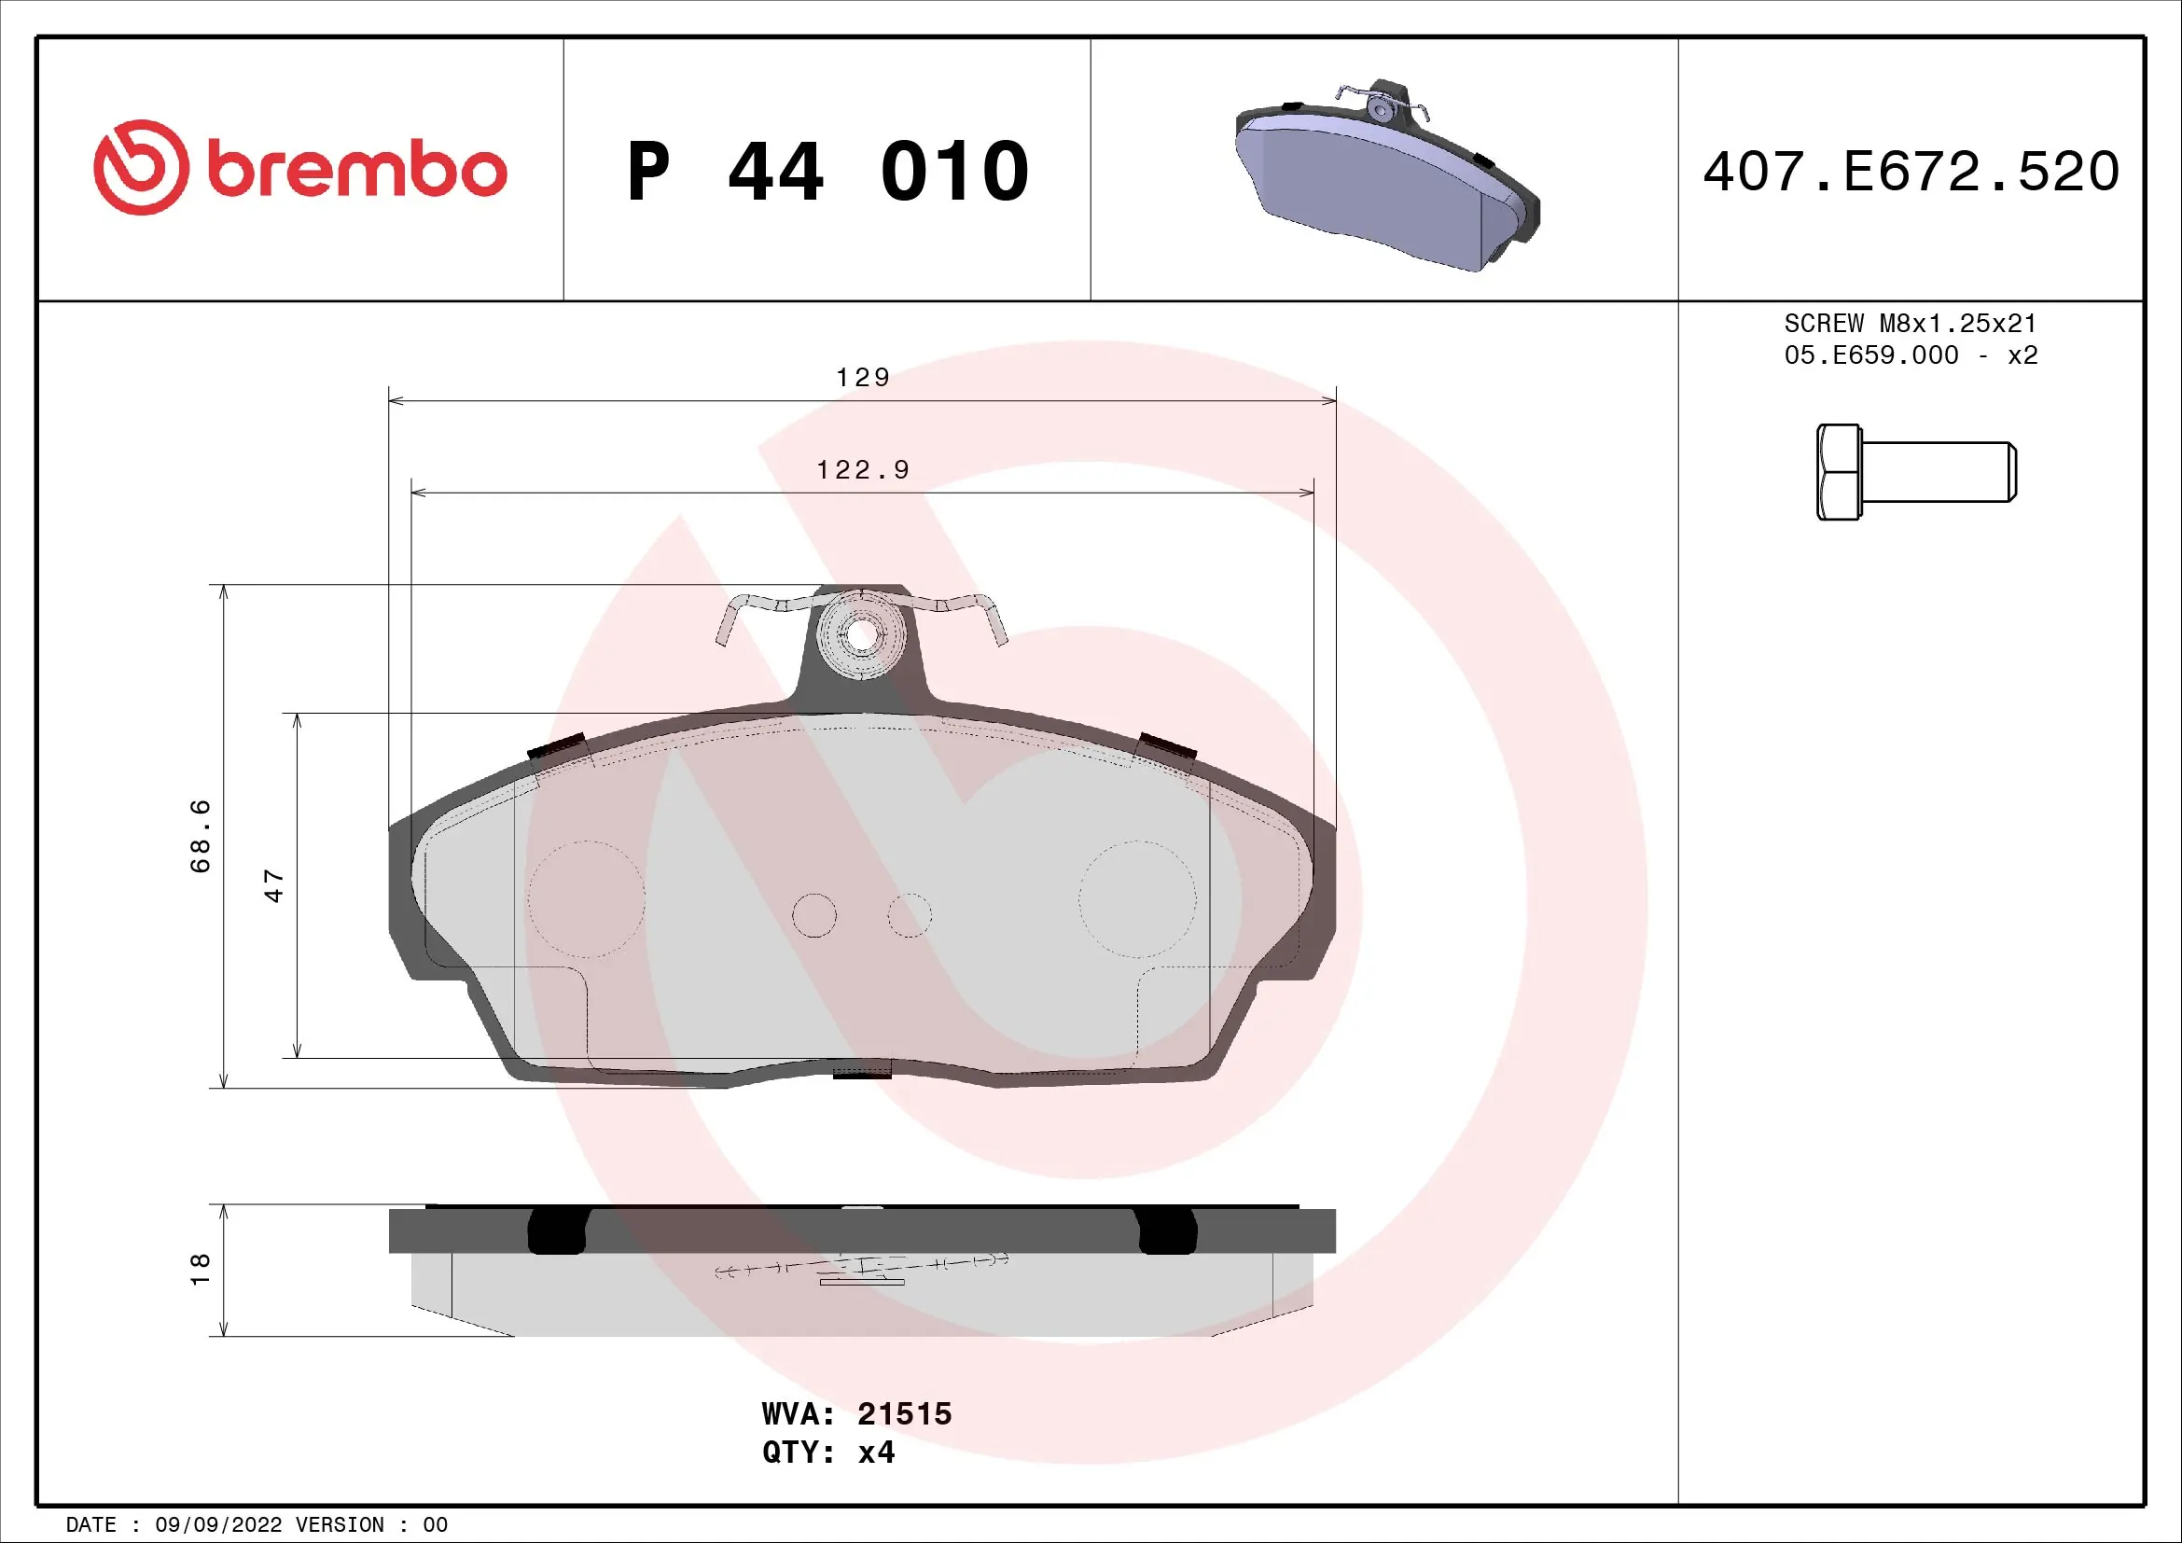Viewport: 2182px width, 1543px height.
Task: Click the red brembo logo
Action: tap(299, 168)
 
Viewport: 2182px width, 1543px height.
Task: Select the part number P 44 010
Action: tap(827, 172)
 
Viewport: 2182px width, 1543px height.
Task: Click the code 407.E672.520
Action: tap(1911, 172)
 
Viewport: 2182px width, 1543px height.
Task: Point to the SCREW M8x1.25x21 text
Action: tap(1911, 323)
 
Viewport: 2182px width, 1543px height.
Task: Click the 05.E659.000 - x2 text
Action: tap(1911, 355)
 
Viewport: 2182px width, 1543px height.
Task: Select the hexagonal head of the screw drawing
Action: tap(1838, 472)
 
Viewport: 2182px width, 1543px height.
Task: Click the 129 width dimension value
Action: tap(863, 378)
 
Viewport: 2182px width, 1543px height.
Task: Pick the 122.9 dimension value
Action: tap(863, 470)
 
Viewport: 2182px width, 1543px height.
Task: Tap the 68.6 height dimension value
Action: tap(201, 836)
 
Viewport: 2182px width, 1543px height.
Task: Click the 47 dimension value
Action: tap(273, 885)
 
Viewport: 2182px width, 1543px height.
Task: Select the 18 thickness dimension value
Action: tap(201, 1270)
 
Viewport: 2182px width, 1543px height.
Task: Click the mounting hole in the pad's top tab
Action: tap(860, 634)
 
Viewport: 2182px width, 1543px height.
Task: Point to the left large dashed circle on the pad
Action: tap(587, 898)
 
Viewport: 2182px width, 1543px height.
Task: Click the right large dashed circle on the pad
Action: tap(1136, 898)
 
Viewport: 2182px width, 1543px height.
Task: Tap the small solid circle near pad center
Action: tap(814, 915)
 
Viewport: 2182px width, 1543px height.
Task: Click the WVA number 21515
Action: tap(904, 1413)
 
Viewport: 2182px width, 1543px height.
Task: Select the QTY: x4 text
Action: tap(827, 1453)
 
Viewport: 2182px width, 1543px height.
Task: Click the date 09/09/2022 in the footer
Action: tap(218, 1525)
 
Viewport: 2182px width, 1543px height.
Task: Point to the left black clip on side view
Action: tap(557, 1231)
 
